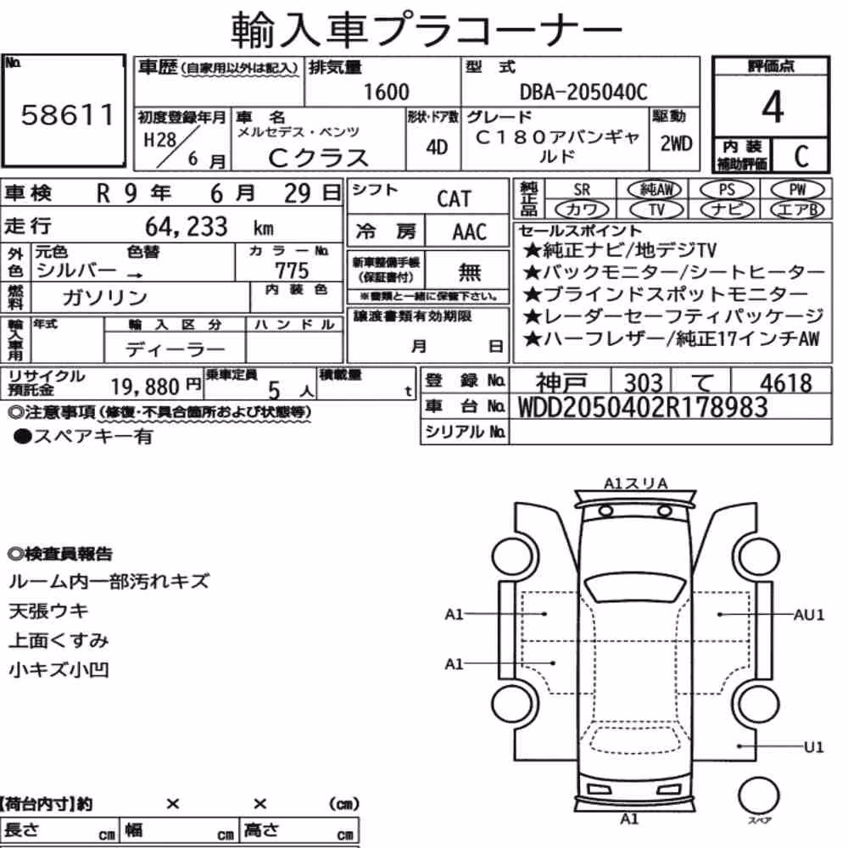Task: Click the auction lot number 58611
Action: pyautogui.click(x=68, y=114)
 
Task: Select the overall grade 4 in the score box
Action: pyautogui.click(x=773, y=107)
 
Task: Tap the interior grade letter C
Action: pyautogui.click(x=801, y=156)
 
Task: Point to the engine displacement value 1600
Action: pyautogui.click(x=386, y=92)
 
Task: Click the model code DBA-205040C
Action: pyautogui.click(x=583, y=92)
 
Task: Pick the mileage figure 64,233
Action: pyautogui.click(x=187, y=226)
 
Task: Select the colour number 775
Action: pyautogui.click(x=292, y=270)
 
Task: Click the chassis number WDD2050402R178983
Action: pyautogui.click(x=643, y=407)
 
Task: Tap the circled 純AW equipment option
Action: pyautogui.click(x=655, y=189)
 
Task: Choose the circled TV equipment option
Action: pyautogui.click(x=656, y=209)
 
